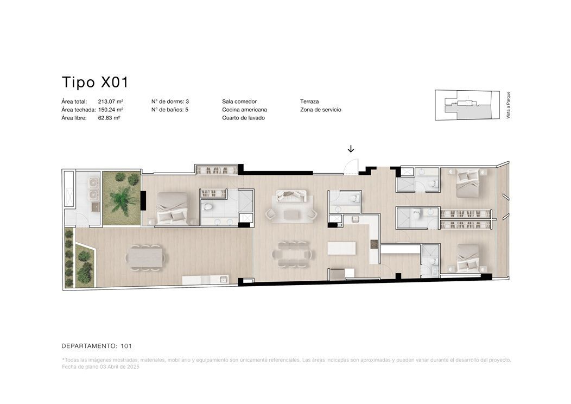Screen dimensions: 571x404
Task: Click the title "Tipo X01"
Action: (x=95, y=83)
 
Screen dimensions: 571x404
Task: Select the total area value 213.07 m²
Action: (x=111, y=102)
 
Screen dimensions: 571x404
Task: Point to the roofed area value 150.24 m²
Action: (x=111, y=110)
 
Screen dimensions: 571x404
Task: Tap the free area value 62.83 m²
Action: (x=109, y=118)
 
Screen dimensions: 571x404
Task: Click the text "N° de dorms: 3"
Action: (x=170, y=102)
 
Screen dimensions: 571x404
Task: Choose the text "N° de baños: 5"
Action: (x=170, y=110)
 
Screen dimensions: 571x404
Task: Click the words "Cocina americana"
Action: (x=244, y=110)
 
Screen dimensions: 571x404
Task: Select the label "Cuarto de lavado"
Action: (x=243, y=118)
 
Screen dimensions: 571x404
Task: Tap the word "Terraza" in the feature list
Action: (x=309, y=102)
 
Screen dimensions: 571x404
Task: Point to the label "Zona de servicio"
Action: (x=320, y=110)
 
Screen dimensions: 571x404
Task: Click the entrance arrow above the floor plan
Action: (x=351, y=149)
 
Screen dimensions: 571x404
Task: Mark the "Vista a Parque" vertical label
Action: (x=509, y=105)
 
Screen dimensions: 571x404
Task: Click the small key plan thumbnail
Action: (x=467, y=105)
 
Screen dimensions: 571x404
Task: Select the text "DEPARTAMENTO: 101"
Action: (x=97, y=346)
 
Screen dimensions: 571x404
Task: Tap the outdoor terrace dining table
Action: (x=145, y=257)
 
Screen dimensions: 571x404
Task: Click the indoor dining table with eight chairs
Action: (x=293, y=254)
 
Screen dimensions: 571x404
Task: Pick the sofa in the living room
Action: (x=291, y=195)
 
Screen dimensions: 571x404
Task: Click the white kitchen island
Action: (x=341, y=249)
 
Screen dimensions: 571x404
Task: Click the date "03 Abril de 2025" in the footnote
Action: (x=119, y=367)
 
